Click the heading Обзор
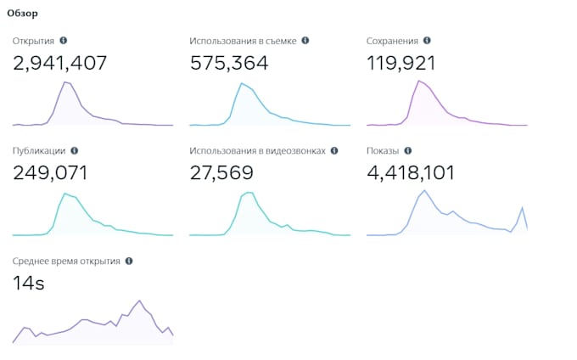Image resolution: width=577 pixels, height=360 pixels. click(x=22, y=14)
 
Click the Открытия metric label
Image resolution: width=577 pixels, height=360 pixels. click(x=34, y=41)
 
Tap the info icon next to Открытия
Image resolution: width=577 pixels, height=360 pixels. click(x=64, y=41)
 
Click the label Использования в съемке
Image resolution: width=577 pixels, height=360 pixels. click(x=243, y=41)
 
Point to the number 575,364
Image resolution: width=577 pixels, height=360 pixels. click(x=229, y=62)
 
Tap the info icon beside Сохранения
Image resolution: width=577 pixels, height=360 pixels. click(x=427, y=41)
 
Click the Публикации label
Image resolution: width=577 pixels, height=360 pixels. click(x=39, y=151)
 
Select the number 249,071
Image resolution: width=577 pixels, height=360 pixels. click(x=50, y=173)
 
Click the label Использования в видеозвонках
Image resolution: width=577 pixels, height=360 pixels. click(x=257, y=151)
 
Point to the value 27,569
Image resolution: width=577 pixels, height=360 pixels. click(x=221, y=173)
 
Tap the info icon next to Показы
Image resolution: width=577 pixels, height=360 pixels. click(x=407, y=151)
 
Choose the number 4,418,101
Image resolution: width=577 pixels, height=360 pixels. click(x=411, y=173)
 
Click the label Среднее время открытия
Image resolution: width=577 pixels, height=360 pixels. click(x=66, y=262)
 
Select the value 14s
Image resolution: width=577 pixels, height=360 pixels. click(x=29, y=284)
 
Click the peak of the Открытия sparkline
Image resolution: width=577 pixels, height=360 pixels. click(x=65, y=82)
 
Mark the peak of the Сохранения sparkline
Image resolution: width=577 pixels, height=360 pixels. click(x=419, y=81)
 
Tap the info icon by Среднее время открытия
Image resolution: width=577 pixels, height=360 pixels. click(x=129, y=262)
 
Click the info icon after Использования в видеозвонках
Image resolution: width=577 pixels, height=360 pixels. click(x=334, y=151)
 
